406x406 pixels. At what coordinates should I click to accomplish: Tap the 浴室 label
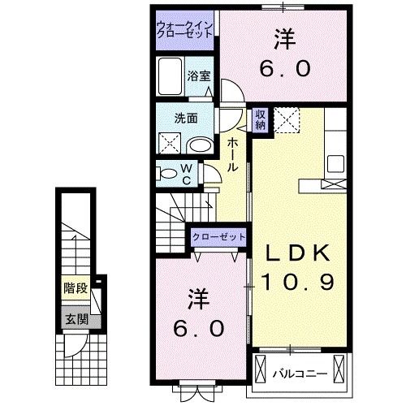[x=199, y=76]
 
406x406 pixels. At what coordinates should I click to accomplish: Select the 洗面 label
[x=185, y=117]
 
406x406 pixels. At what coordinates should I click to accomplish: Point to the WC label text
[x=185, y=174]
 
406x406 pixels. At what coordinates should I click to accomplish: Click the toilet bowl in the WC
[x=167, y=173]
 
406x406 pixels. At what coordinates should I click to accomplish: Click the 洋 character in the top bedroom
[x=284, y=39]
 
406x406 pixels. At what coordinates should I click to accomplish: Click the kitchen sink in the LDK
[x=334, y=162]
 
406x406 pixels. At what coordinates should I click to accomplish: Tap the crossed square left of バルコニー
[x=260, y=369]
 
